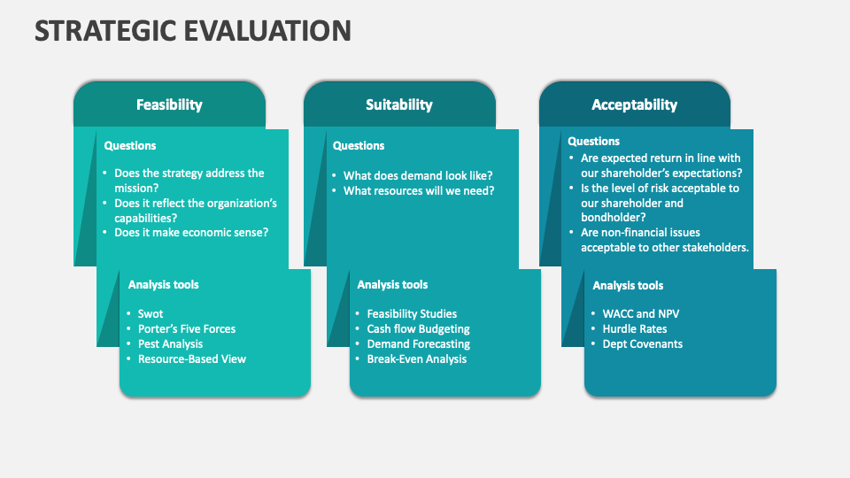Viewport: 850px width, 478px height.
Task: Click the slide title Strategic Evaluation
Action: (193, 31)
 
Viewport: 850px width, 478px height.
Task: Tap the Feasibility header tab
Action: (169, 104)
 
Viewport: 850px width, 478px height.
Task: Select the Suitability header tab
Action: (399, 104)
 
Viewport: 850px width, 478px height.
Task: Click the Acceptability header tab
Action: (634, 104)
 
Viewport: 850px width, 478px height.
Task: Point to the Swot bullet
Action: (151, 314)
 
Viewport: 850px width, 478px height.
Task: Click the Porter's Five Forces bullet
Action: (187, 329)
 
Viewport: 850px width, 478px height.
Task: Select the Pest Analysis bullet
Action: (170, 344)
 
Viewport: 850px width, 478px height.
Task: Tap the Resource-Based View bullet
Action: (191, 359)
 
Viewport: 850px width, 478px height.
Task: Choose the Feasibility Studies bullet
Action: (412, 314)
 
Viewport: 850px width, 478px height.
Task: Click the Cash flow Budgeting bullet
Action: (418, 329)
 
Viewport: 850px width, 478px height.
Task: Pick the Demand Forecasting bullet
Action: (418, 344)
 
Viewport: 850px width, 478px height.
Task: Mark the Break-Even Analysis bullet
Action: (416, 359)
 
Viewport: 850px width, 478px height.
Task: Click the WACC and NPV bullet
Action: (641, 314)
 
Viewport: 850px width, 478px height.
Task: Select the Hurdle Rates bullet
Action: (634, 329)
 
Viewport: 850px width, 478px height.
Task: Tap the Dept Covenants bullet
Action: (642, 344)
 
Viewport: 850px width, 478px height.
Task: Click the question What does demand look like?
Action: (418, 176)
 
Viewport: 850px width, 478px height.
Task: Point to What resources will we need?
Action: (419, 191)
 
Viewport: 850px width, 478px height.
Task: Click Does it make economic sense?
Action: (191, 233)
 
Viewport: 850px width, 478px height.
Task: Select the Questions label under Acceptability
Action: (593, 142)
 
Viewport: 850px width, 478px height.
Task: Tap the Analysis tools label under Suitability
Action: (392, 285)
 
